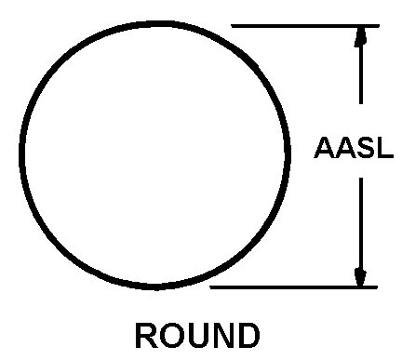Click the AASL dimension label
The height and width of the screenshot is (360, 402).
[x=354, y=148]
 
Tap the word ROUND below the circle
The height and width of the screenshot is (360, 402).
[x=197, y=336]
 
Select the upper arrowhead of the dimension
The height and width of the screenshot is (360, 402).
[x=360, y=37]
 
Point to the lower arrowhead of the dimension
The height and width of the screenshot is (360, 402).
[x=360, y=276]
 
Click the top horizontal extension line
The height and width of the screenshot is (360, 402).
[x=305, y=26]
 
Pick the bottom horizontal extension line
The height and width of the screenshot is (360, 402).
[x=294, y=287]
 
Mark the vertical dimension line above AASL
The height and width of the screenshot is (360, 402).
[x=360, y=65]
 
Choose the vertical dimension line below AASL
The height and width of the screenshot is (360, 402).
[x=361, y=232]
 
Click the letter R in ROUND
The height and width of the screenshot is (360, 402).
[x=146, y=336]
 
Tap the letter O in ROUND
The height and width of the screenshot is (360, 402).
[x=170, y=336]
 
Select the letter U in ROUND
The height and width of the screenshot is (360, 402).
[x=196, y=336]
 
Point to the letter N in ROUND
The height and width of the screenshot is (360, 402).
[x=222, y=336]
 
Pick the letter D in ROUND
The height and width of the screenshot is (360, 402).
[x=248, y=336]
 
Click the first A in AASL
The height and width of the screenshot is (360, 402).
[x=325, y=148]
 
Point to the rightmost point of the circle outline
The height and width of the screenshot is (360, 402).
[x=288, y=152]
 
